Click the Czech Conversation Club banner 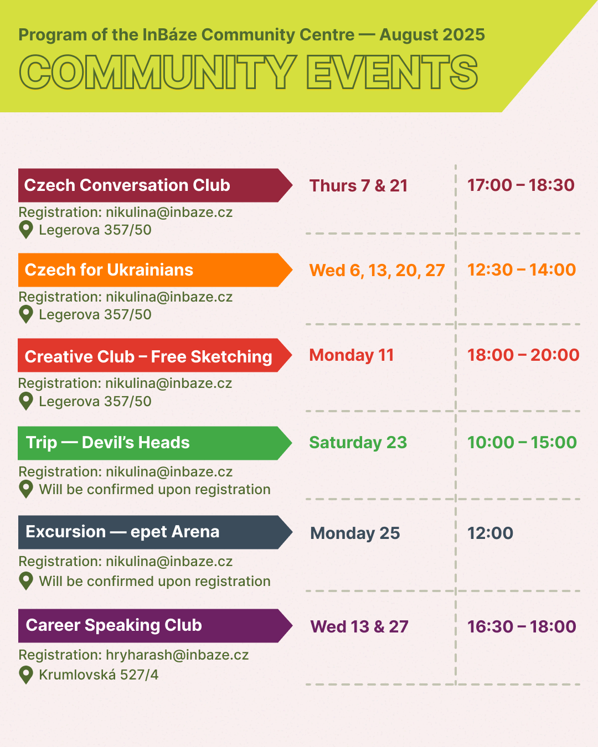pos(156,185)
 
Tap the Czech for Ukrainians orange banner pos(156,270)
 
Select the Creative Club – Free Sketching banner pos(155,355)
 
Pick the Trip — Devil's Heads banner pos(155,443)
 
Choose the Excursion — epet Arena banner pos(156,532)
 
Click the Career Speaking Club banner pos(156,626)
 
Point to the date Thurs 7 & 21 pos(358,186)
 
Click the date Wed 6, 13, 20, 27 pos(377,271)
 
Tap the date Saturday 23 pos(358,443)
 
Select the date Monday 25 pos(355,533)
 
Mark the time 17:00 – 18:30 pos(521,185)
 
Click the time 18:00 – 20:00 pos(523,355)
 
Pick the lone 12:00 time pos(490,533)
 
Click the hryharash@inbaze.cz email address pos(177,655)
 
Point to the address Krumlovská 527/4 pos(99,675)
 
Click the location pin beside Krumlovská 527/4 pos(26,675)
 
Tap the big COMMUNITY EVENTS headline pos(249,72)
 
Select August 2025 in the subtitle pos(432,35)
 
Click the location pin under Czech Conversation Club pos(26,230)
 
